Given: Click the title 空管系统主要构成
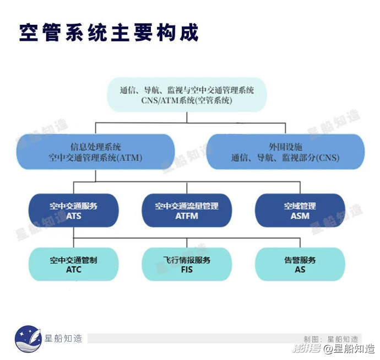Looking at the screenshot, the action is pos(109,33).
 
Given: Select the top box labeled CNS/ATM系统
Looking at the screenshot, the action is pos(187,95).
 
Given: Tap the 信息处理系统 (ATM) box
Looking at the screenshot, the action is pos(95,152).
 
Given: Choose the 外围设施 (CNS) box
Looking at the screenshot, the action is pos(285,152).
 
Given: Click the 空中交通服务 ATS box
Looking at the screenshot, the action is pos(73,211).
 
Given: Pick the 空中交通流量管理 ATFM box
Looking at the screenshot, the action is pos(187,211).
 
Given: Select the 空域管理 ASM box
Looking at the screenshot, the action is pos(300,211).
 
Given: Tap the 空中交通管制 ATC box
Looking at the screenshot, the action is pos(73,264).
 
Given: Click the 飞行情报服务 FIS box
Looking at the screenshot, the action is pos(187,264).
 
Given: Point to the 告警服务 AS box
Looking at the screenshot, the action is pos(300,264).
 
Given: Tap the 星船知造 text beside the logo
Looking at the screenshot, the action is pos(63,338).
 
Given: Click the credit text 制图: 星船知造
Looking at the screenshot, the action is pos(331,338).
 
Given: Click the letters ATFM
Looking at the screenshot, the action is pos(187,216).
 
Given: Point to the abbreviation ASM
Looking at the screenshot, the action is pos(300,216).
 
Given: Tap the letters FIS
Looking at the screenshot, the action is pos(187,270).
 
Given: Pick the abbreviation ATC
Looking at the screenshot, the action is pos(73,270).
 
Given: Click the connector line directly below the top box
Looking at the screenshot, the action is pos(187,117).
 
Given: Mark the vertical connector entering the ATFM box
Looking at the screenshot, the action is pos(187,187).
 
